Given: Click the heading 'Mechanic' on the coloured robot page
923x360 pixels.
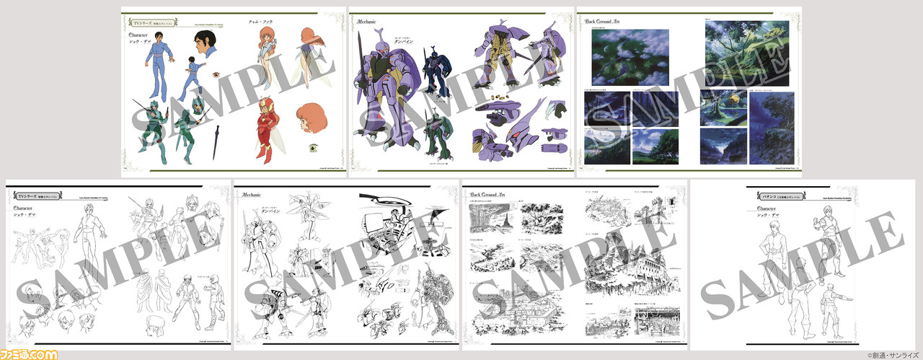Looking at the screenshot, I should click(374, 22).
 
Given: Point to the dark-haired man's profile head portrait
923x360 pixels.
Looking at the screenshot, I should click(207, 48).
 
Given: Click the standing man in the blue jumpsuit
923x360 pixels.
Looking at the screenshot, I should click(154, 66).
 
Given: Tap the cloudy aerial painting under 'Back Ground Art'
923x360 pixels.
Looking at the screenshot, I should click(625, 57).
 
